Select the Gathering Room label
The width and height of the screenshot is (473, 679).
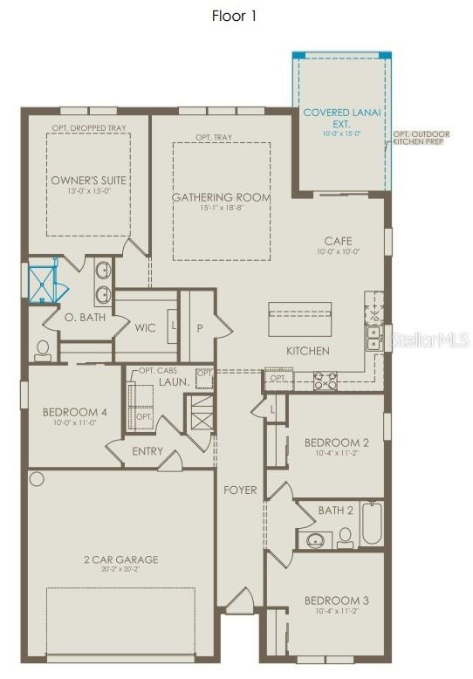pyautogui.click(x=221, y=197)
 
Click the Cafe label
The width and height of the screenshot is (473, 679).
pyautogui.click(x=338, y=241)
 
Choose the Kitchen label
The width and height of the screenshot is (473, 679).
pyautogui.click(x=308, y=351)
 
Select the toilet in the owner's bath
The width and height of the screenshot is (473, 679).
pyautogui.click(x=42, y=350)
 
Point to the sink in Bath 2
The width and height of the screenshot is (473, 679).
pyautogui.click(x=313, y=538)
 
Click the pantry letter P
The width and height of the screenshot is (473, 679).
pyautogui.click(x=199, y=327)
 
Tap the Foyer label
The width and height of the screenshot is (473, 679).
pyautogui.click(x=240, y=490)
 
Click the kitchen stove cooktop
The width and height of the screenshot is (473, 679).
pyautogui.click(x=326, y=379)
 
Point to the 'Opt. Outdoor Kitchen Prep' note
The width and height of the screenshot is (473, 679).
pyautogui.click(x=421, y=138)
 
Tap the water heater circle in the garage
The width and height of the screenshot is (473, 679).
pyautogui.click(x=36, y=479)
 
